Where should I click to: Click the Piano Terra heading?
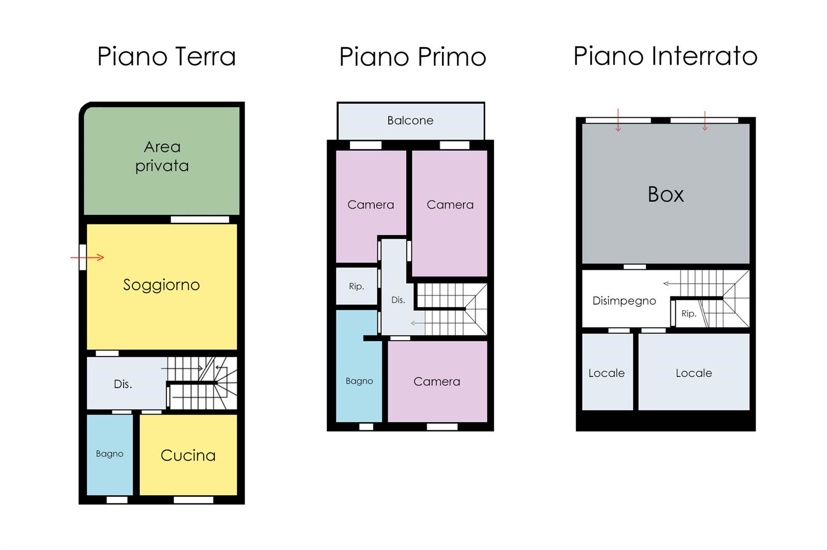click(x=166, y=56)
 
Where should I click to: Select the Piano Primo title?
click(x=413, y=57)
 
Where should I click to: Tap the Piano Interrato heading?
click(x=665, y=56)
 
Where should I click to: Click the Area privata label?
click(x=162, y=157)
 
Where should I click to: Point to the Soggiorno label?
click(x=161, y=285)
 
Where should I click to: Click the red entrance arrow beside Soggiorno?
click(x=87, y=257)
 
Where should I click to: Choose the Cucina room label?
click(x=188, y=455)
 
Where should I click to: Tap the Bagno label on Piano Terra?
click(x=110, y=454)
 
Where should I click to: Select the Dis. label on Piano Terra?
click(x=123, y=384)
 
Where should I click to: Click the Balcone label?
click(x=410, y=120)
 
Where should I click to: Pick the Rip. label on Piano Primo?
click(x=357, y=286)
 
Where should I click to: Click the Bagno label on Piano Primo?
click(x=359, y=381)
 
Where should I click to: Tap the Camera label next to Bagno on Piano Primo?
click(x=437, y=381)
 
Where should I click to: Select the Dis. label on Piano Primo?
click(x=398, y=300)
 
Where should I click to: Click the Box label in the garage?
click(x=666, y=194)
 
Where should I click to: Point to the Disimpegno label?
click(x=624, y=301)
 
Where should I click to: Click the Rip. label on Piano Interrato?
click(x=689, y=313)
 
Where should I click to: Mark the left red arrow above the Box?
click(x=618, y=120)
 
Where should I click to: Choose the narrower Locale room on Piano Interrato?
click(x=607, y=371)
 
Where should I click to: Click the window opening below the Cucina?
click(x=193, y=500)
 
